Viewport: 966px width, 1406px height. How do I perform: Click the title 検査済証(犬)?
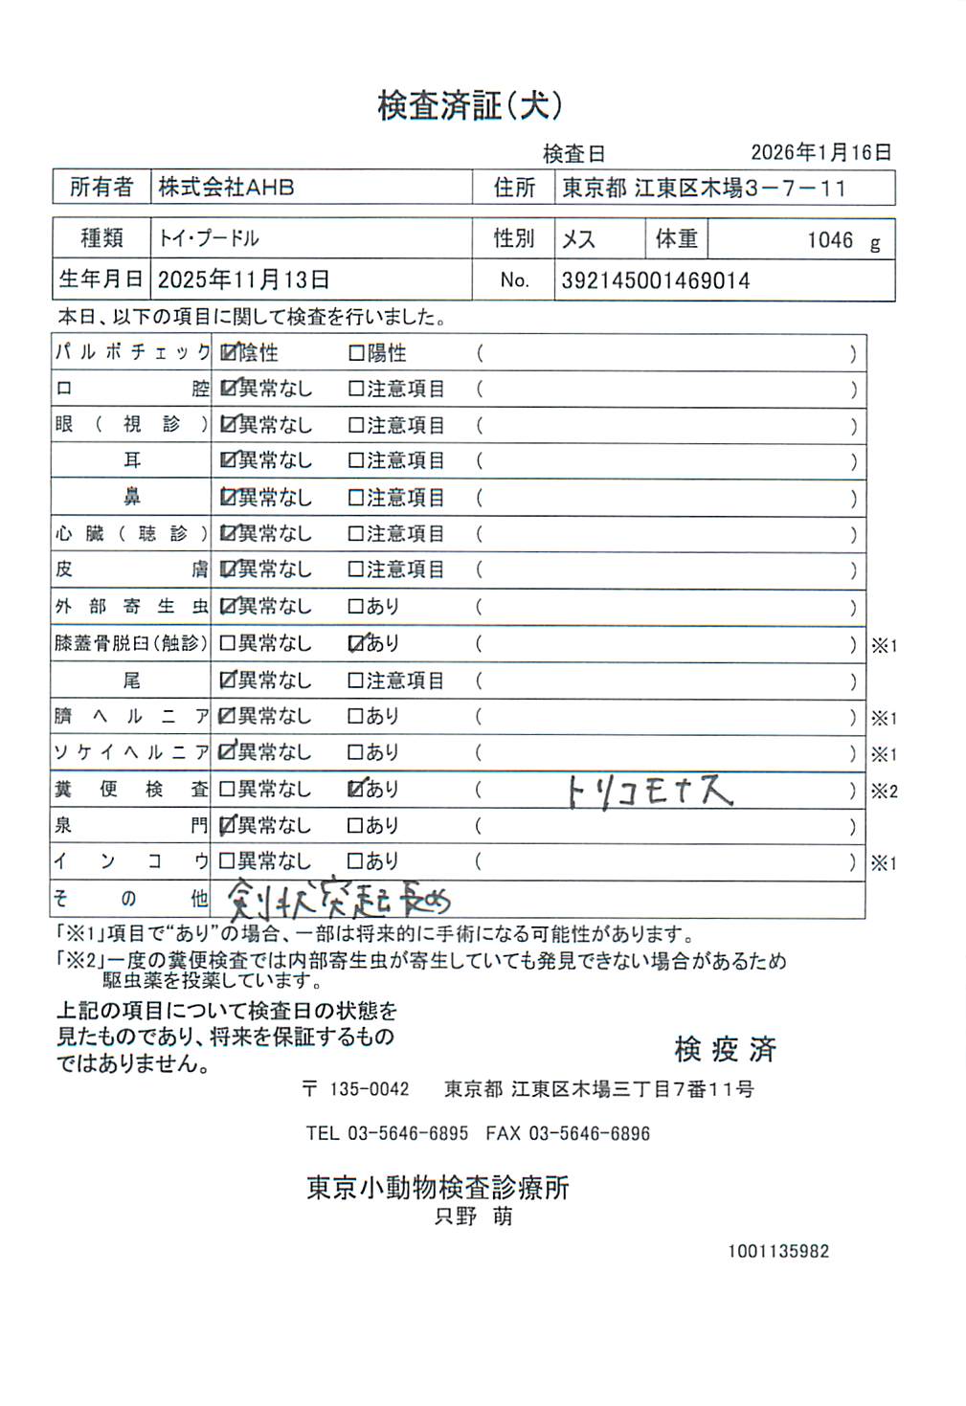tap(469, 105)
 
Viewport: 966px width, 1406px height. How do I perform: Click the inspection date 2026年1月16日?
tap(820, 152)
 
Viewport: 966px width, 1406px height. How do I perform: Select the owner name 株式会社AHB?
tap(226, 188)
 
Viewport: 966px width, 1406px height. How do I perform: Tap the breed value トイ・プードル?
tap(209, 238)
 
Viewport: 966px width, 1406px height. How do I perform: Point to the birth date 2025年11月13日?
tap(243, 279)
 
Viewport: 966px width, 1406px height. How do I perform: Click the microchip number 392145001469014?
tap(655, 280)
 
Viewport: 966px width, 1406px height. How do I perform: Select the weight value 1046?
tap(829, 240)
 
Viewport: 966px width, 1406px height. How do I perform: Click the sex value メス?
tap(578, 239)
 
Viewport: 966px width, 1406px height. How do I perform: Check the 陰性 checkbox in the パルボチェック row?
tap(228, 353)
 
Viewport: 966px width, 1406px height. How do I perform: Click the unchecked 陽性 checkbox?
tap(356, 354)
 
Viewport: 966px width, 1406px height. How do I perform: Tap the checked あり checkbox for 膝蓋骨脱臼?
tap(356, 644)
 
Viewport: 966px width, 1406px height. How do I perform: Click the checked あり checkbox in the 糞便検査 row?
tap(356, 790)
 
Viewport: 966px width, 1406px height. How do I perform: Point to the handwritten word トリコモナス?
tap(649, 791)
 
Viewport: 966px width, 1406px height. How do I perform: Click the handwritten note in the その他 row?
tap(338, 900)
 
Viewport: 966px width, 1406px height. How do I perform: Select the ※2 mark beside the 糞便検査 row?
tap(884, 792)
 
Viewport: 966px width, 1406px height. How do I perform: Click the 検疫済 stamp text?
tap(725, 1050)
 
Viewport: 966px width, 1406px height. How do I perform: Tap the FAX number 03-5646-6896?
tap(589, 1134)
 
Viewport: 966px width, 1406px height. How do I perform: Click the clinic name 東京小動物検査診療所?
tap(438, 1188)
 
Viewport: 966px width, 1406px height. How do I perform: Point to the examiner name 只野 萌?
tap(473, 1216)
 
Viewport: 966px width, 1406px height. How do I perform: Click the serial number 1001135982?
tap(777, 1251)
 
